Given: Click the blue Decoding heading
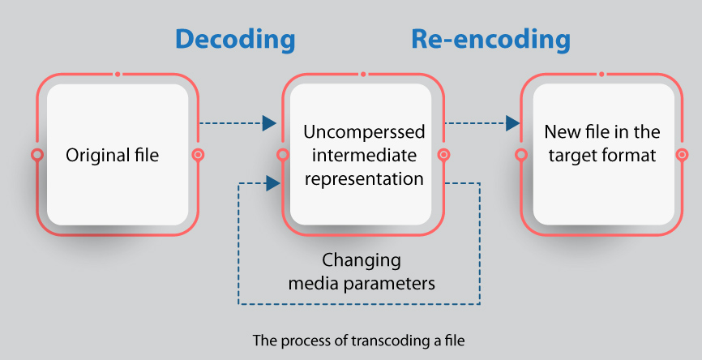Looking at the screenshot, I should click(235, 40).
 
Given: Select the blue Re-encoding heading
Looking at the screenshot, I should click(490, 40).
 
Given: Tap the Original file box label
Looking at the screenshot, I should click(113, 155).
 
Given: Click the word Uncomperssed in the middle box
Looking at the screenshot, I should click(364, 132).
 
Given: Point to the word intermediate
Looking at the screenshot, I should click(364, 156).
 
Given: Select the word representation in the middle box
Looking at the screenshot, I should click(364, 178).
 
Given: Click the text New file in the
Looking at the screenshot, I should click(601, 132).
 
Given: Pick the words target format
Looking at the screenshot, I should click(601, 156).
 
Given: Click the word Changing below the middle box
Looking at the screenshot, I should click(362, 260).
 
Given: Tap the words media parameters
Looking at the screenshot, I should click(362, 283).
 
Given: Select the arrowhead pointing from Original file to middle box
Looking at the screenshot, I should click(270, 123).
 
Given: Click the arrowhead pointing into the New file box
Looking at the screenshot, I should click(512, 123).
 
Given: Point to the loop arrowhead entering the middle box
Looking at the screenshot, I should click(273, 183).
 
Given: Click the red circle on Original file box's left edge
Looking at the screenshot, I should click(37, 154).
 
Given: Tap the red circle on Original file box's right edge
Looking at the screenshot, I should click(198, 154).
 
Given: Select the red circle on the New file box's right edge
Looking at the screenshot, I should click(682, 154).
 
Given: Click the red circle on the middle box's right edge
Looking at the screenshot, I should click(443, 154).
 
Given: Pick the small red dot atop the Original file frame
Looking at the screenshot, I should click(118, 74).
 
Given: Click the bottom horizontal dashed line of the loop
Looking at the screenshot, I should click(359, 304).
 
